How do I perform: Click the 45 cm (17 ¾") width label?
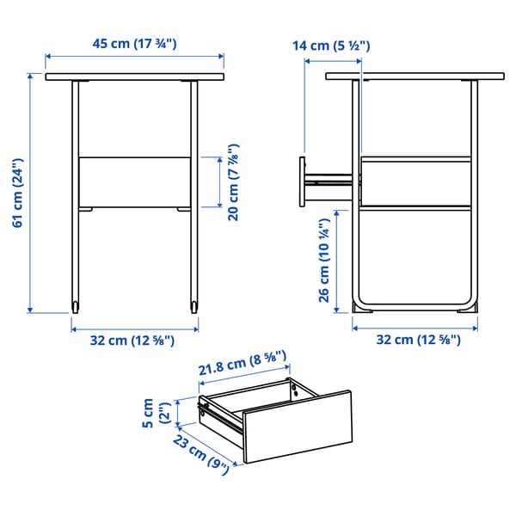point(135,44)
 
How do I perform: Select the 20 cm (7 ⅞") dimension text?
point(232,182)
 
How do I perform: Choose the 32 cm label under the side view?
point(418,339)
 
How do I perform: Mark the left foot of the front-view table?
point(76,306)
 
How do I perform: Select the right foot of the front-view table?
point(194,306)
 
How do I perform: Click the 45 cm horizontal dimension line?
point(135,57)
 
